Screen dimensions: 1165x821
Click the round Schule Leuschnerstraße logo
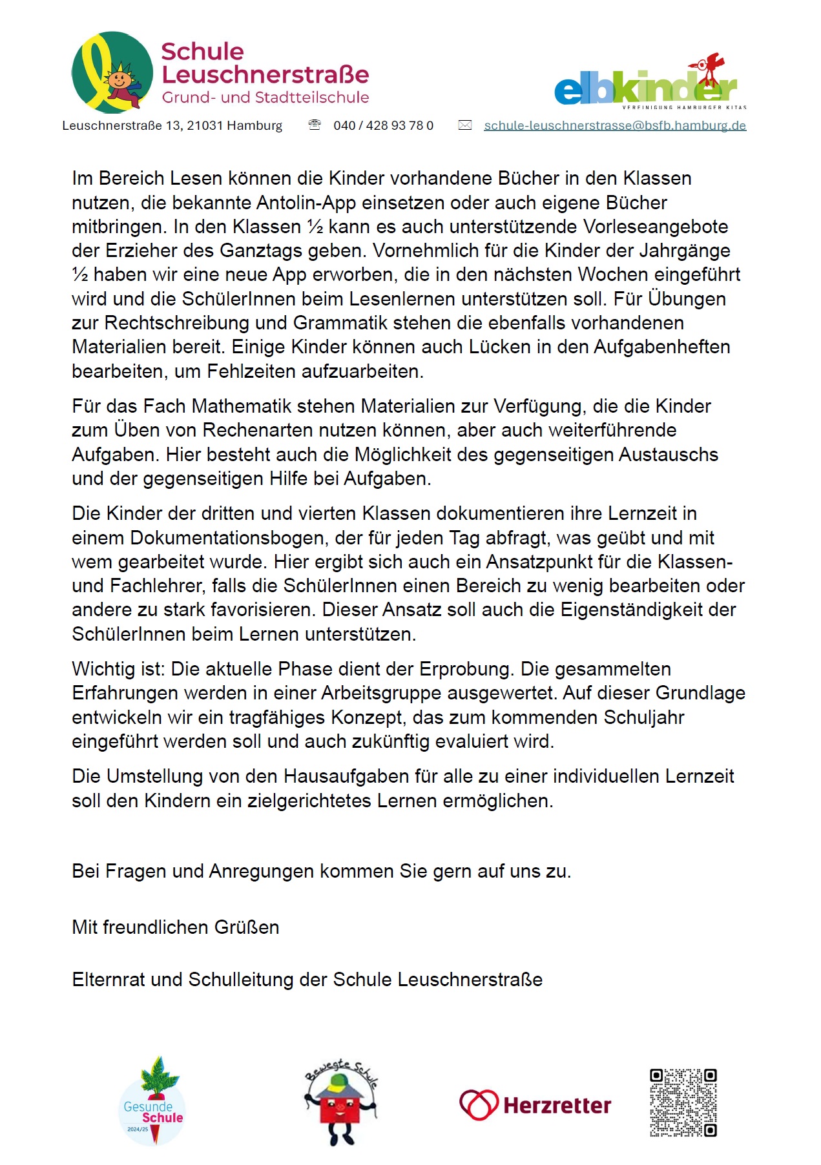(112, 72)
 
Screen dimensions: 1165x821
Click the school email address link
(615, 125)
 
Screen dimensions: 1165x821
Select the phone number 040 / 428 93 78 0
(383, 125)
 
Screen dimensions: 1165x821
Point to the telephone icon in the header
(315, 125)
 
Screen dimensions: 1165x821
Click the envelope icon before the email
(465, 125)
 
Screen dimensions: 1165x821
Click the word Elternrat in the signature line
(109, 980)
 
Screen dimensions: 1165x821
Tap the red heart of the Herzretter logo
(479, 1105)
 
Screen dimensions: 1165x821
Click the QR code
(683, 1103)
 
